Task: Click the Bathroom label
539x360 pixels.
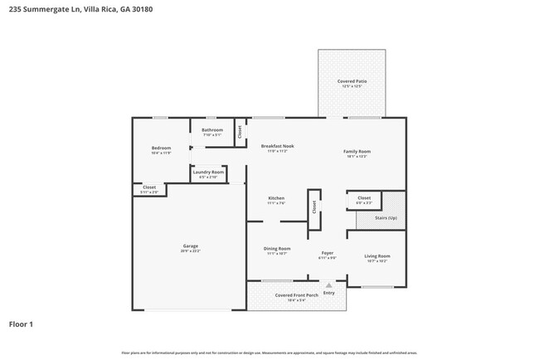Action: click(x=212, y=131)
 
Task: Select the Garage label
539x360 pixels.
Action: click(x=190, y=247)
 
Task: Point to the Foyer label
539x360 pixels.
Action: click(x=327, y=254)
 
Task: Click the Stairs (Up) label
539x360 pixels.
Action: click(x=386, y=217)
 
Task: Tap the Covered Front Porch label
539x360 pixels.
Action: click(x=296, y=296)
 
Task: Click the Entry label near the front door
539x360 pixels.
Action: click(x=329, y=293)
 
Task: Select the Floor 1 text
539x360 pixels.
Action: click(x=22, y=324)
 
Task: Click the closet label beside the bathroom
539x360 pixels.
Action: click(x=240, y=131)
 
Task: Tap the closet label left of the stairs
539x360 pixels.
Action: click(x=364, y=199)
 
